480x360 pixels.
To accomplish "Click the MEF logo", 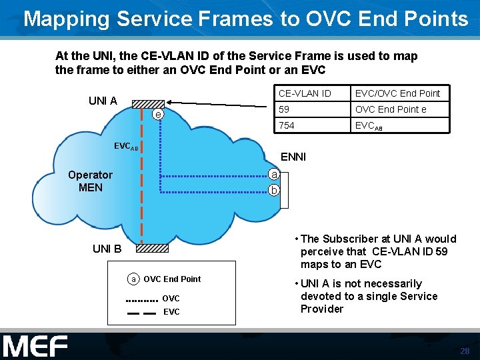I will [35, 347].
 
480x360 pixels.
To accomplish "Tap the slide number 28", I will [464, 351].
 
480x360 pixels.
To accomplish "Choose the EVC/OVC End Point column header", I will [397, 93].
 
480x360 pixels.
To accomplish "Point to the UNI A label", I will [103, 101].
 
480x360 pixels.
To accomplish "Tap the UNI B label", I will [107, 249].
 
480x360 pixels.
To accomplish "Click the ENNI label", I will [293, 157].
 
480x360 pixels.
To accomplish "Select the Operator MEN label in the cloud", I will [91, 181].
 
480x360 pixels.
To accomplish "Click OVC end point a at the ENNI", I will [273, 175].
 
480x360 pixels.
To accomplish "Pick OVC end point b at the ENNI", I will [273, 191].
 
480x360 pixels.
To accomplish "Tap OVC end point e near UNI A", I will [157, 115].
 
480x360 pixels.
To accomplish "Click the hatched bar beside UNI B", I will [153, 249].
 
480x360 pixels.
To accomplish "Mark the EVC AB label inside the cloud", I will [124, 145].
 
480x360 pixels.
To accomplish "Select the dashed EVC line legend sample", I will [141, 312].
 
